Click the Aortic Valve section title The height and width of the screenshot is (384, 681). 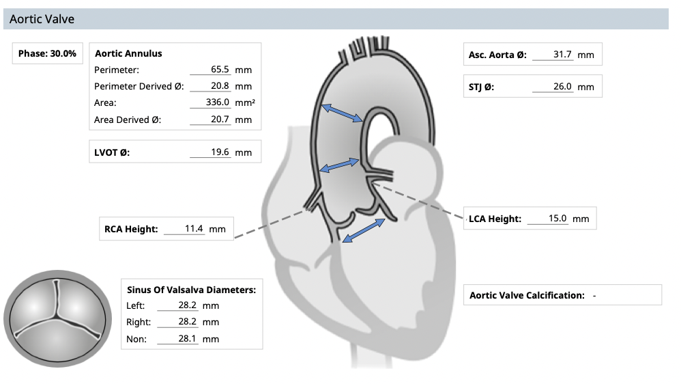(42, 19)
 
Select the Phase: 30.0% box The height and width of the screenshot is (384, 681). (47, 53)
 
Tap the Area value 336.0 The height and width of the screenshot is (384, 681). (218, 102)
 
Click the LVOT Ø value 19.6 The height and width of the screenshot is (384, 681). (220, 152)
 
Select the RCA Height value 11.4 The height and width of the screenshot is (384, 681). (194, 229)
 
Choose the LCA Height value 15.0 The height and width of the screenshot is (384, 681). (557, 219)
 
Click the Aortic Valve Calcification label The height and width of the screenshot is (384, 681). (527, 295)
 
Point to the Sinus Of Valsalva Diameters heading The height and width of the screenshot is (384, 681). (191, 290)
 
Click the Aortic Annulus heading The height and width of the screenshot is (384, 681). (128, 53)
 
